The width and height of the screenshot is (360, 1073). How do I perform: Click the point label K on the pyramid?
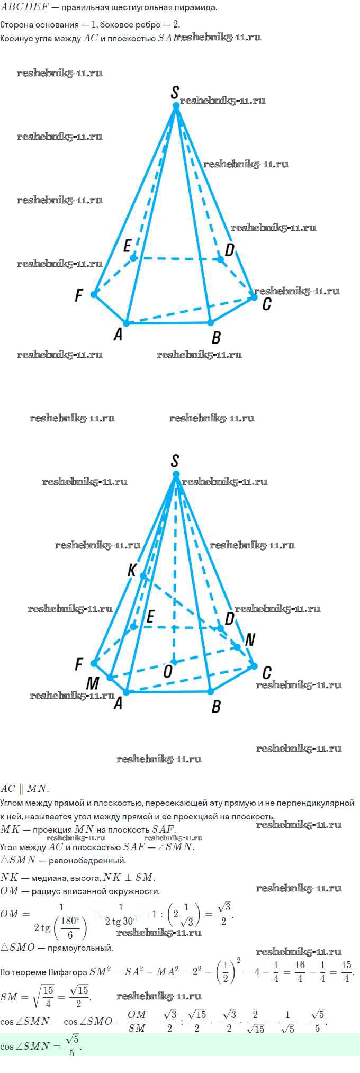click(x=132, y=570)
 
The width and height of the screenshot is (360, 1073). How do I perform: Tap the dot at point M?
click(x=110, y=678)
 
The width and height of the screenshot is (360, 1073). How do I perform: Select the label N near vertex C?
click(x=250, y=639)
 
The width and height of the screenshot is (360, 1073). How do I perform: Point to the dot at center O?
click(x=173, y=662)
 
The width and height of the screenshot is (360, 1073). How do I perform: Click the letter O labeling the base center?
click(x=167, y=671)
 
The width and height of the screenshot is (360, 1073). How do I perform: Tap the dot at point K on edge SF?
click(x=143, y=576)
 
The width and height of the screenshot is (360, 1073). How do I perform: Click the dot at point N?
click(x=238, y=647)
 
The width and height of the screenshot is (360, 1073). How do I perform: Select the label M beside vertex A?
click(x=93, y=683)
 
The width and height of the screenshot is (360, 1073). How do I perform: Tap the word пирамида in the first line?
click(x=196, y=8)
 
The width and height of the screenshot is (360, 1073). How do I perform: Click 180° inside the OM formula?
click(x=70, y=920)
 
